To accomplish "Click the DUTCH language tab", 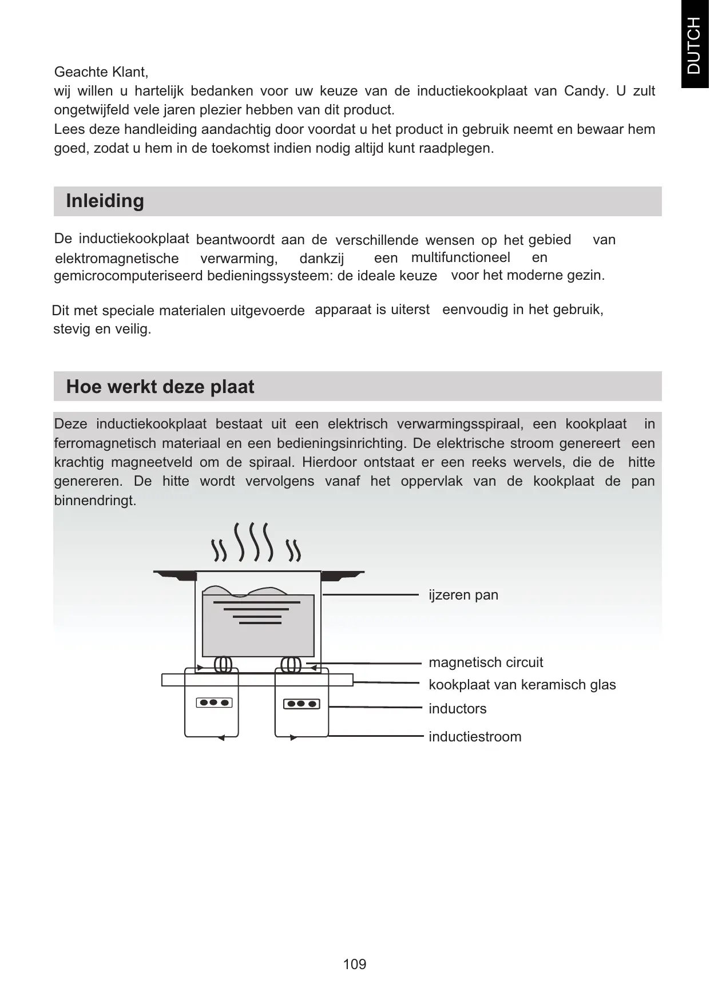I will pyautogui.click(x=693, y=45).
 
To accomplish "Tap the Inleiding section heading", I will pyautogui.click(x=105, y=201).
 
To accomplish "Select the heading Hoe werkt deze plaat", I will pyautogui.click(x=160, y=387).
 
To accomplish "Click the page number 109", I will pyautogui.click(x=354, y=964).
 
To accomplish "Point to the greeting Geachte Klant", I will pyautogui.click(x=101, y=72).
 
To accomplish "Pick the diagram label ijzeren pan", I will pyautogui.click(x=463, y=595).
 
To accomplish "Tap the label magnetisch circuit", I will pyautogui.click(x=486, y=662).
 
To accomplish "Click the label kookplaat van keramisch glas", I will pyautogui.click(x=522, y=685).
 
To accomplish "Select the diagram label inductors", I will pyautogui.click(x=458, y=709).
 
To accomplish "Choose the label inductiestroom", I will pyautogui.click(x=475, y=737).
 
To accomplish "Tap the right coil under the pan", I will pyautogui.click(x=291, y=665).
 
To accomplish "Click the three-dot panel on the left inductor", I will pyautogui.click(x=215, y=703).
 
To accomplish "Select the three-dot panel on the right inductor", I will pyautogui.click(x=302, y=704).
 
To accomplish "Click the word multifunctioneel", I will pyautogui.click(x=461, y=257).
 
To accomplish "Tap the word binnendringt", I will pyautogui.click(x=95, y=501).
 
